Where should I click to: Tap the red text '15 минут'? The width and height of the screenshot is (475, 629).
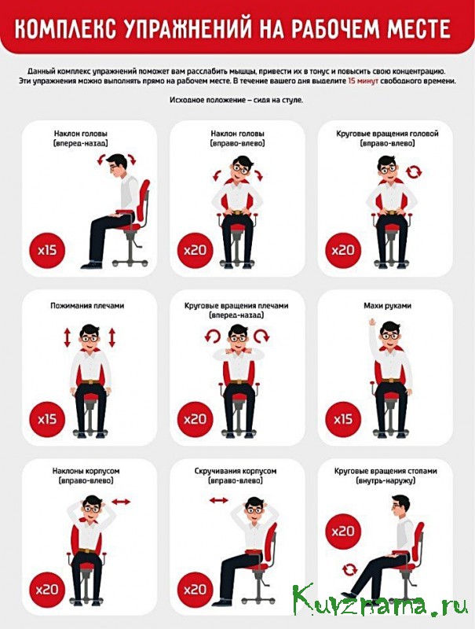click(364, 81)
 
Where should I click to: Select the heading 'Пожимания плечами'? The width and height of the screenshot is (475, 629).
click(87, 306)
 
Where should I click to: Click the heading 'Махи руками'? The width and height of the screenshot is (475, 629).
click(387, 306)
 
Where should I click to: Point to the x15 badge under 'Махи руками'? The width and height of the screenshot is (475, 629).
click(343, 419)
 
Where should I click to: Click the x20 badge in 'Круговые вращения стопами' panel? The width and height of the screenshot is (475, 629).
click(343, 532)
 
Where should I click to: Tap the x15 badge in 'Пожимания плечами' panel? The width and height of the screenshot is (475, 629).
click(47, 419)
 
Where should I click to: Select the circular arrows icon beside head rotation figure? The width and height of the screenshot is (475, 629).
click(414, 172)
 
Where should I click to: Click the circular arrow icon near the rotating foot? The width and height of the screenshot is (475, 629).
click(349, 569)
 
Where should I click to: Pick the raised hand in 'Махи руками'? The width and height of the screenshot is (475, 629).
click(371, 322)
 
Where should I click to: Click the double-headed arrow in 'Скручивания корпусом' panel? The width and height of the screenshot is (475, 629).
click(219, 500)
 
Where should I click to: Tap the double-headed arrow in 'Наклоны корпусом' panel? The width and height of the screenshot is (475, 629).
click(121, 502)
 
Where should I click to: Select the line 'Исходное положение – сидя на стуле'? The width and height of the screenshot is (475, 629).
click(236, 100)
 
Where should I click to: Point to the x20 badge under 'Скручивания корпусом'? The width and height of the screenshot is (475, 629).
click(195, 589)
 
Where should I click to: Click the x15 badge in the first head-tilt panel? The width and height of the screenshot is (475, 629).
click(47, 250)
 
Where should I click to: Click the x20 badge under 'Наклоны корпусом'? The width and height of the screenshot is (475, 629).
click(47, 589)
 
